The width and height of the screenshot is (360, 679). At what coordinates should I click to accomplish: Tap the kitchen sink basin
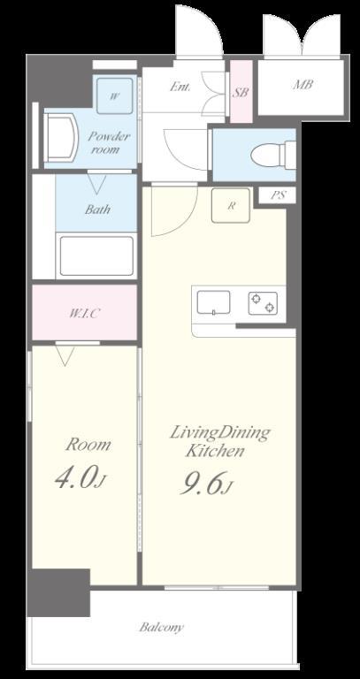[x=213, y=302]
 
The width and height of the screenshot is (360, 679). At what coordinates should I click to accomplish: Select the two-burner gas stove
[x=263, y=302]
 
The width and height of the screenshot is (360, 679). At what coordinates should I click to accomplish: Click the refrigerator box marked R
[x=231, y=205]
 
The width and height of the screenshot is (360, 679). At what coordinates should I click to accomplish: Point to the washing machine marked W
[x=114, y=95]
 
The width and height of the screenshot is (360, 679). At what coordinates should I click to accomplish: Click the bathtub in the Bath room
[x=96, y=256]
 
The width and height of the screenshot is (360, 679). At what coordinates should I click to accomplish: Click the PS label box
[x=277, y=195]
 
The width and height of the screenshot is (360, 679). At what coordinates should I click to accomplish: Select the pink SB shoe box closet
[x=241, y=91]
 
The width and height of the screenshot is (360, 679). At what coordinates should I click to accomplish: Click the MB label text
[x=303, y=85]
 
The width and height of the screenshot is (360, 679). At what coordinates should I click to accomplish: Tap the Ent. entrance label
[x=180, y=87]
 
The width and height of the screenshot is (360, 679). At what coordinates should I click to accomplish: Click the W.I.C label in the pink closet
[x=85, y=313]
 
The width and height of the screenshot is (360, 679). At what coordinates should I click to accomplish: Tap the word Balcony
[x=162, y=628]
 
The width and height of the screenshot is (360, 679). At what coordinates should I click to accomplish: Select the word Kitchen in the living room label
[x=214, y=452]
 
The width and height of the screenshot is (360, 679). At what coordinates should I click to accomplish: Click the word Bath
[x=97, y=210]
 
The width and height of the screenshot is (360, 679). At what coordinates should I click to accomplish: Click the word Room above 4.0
[x=88, y=445]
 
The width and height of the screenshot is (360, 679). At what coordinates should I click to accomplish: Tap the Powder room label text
[x=108, y=143]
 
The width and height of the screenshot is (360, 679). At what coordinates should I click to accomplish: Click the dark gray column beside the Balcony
[x=59, y=592]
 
